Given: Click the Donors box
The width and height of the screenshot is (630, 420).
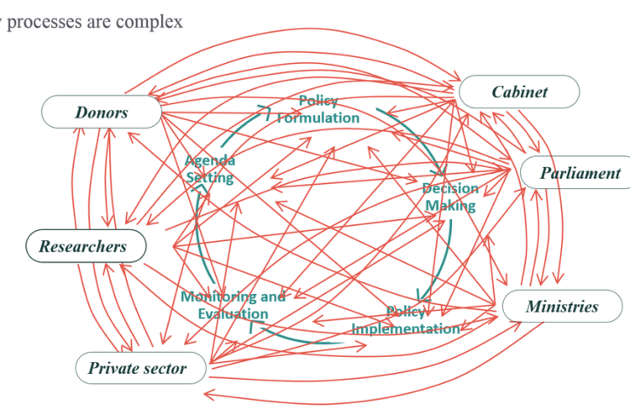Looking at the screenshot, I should (x=102, y=112).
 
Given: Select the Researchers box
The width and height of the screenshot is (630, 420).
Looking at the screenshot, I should (x=83, y=246).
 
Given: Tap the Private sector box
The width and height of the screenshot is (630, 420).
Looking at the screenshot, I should (x=137, y=368).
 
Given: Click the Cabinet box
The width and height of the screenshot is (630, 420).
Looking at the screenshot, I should (x=518, y=92).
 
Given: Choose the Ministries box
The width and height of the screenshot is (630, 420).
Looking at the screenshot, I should (x=562, y=306).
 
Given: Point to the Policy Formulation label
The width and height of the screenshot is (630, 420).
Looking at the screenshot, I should (x=318, y=109).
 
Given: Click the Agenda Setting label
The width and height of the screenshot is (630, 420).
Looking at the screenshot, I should (x=210, y=169).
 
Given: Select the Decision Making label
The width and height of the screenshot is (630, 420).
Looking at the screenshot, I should (x=450, y=197).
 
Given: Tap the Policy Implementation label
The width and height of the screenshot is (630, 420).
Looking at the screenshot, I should (x=406, y=320).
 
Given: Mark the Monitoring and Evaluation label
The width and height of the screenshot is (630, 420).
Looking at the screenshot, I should (x=233, y=305).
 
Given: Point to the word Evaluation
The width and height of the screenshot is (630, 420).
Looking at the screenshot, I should (x=233, y=313).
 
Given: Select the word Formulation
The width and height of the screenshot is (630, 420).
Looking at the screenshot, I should (x=318, y=118).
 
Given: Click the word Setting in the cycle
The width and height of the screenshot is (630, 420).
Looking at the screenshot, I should (x=210, y=177).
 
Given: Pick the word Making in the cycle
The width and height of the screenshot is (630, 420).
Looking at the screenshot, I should (x=450, y=205).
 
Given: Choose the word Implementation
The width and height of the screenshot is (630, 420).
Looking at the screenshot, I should (x=406, y=328).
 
